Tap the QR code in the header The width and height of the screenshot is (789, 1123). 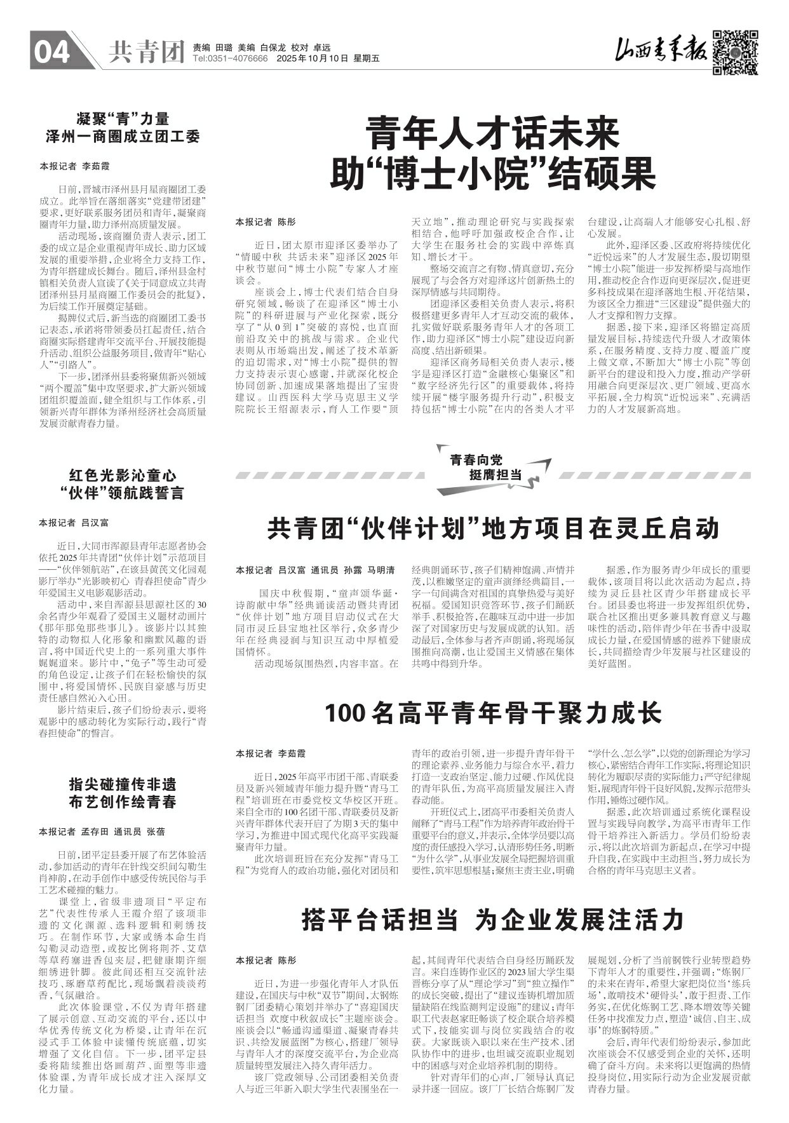tap(735, 51)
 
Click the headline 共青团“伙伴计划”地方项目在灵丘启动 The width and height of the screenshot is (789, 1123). tap(492, 528)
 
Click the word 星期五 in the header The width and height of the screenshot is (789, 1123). tap(366, 58)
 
